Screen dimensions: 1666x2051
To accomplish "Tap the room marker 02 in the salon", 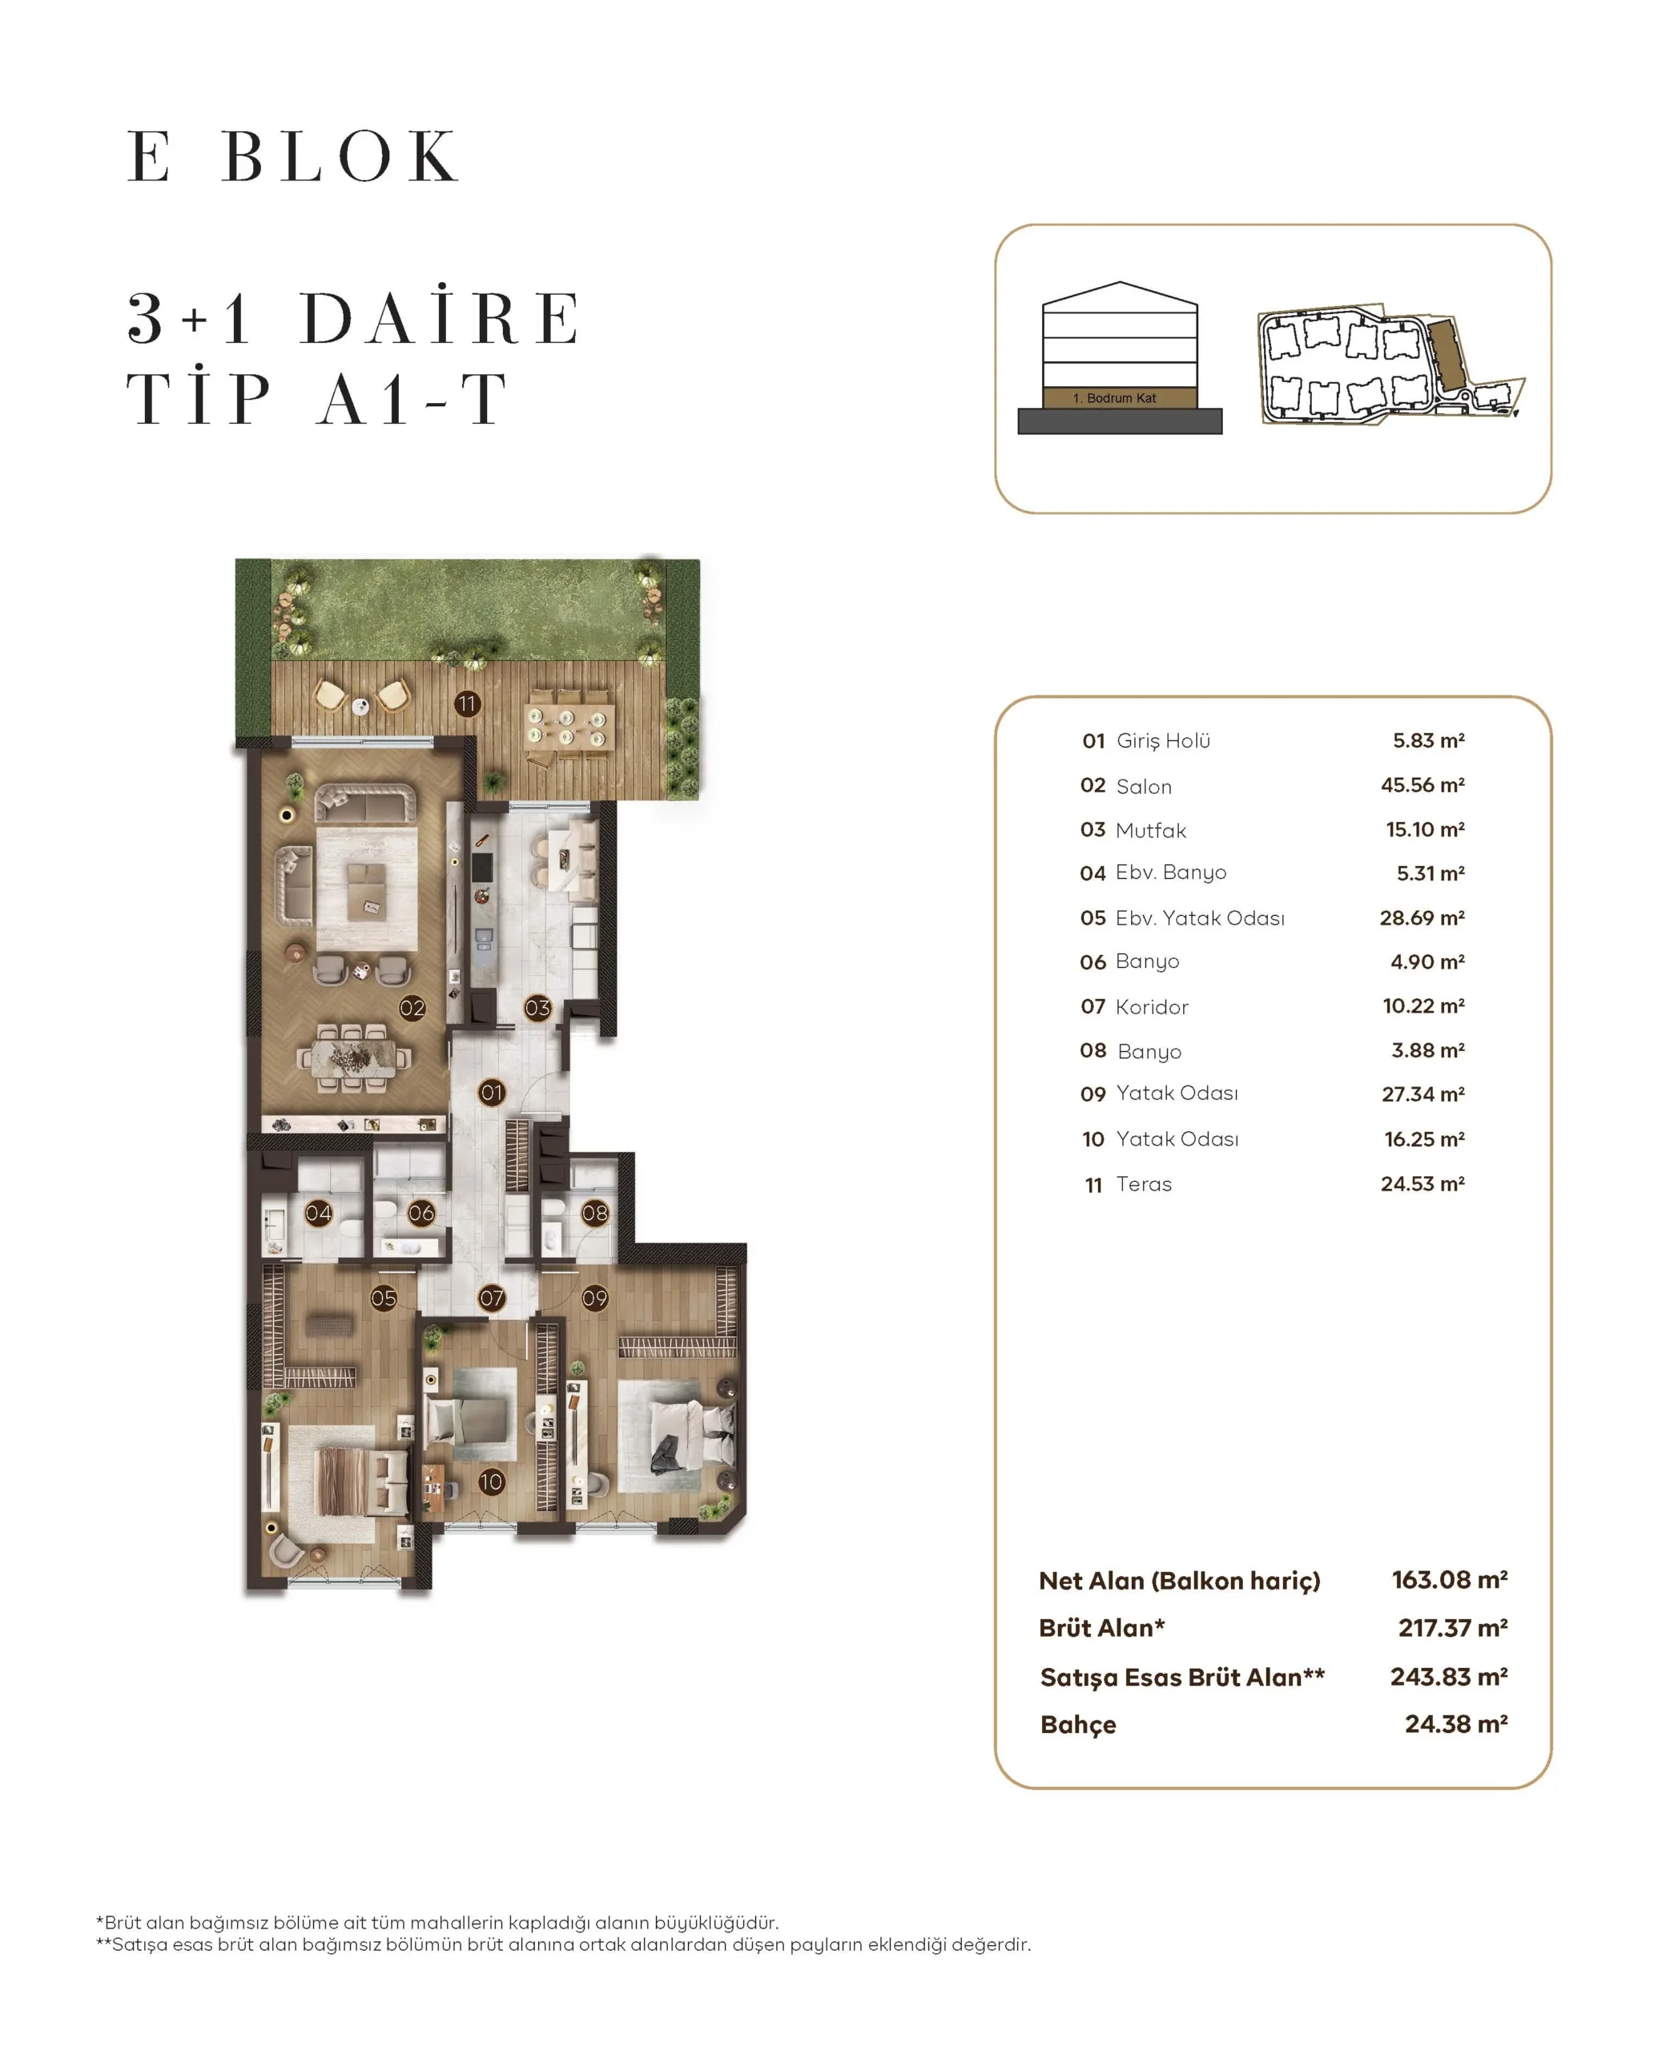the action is click(412, 1008).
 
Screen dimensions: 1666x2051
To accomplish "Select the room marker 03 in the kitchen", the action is click(537, 1008).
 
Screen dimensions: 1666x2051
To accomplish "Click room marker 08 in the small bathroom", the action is click(595, 1213).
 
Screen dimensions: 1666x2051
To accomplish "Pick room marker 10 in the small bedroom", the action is click(491, 1482).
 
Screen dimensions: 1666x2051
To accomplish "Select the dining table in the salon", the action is click(354, 1057).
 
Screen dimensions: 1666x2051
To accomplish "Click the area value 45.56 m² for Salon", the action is click(1423, 785).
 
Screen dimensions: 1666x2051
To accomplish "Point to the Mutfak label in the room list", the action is click(1151, 830).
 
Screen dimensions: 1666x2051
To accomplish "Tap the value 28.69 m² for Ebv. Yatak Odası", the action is click(1423, 917).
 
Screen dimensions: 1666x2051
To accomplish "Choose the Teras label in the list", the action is click(1144, 1183).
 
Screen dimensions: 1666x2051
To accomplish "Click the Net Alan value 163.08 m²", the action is click(1450, 1580).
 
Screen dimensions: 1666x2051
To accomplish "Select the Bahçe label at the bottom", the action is click(1078, 1725).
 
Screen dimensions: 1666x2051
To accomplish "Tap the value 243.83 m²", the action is click(1449, 1677).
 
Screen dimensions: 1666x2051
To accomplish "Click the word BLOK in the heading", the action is click(340, 155).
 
